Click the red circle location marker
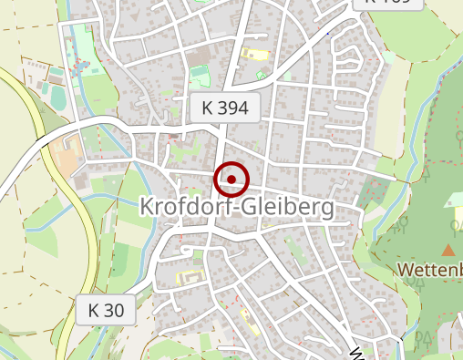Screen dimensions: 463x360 pos(231,180)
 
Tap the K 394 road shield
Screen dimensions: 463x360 pos(226,108)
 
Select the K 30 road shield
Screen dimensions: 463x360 pos(106,310)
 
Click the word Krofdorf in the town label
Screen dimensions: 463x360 pos(182,208)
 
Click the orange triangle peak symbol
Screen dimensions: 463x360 pos(448,249)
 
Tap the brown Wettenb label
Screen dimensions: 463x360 pos(430,270)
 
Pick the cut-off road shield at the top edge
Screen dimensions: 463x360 pos(387,3)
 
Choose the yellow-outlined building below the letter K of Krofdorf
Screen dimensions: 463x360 pos(190,275)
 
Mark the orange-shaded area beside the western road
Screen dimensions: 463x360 pos(66,160)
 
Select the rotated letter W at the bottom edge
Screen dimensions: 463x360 pos(357,353)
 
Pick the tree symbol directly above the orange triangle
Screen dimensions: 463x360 pos(455,224)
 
